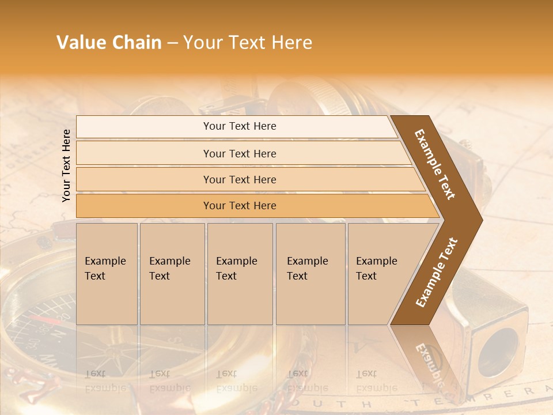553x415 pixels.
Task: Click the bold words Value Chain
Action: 109,43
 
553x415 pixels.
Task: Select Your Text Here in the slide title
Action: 248,43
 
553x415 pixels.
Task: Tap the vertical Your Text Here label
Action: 67,165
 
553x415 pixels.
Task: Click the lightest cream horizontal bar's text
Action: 240,126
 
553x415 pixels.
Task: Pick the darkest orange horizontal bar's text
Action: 240,206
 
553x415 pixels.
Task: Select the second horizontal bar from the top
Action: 240,153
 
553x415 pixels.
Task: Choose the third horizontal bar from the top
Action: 240,180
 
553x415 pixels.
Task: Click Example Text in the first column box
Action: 105,269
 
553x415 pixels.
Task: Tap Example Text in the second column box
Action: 169,269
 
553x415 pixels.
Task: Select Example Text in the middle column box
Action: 236,269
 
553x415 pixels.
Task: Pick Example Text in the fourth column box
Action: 307,269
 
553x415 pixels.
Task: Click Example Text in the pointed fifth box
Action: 376,269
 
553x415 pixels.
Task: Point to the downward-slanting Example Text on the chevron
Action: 435,164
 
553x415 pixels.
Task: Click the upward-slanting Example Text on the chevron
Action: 437,273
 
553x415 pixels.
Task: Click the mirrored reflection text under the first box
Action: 105,380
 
